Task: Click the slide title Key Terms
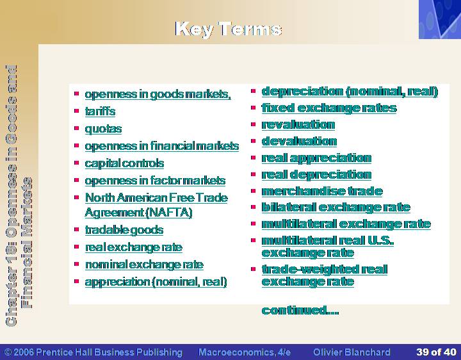[x=229, y=29]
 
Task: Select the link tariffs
[x=100, y=111]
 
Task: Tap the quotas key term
[x=103, y=129]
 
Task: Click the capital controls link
[x=124, y=163]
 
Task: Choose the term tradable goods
[x=124, y=230]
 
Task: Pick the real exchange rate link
[x=134, y=247]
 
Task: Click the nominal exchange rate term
[x=144, y=265]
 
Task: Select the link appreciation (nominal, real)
[x=156, y=282]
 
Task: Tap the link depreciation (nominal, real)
[x=350, y=92]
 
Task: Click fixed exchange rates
[x=329, y=108]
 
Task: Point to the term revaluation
[x=298, y=125]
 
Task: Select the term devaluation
[x=299, y=142]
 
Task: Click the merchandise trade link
[x=322, y=191]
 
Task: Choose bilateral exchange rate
[x=336, y=208]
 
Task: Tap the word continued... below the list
[x=300, y=310]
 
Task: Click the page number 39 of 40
[x=436, y=352]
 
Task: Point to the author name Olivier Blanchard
[x=352, y=352]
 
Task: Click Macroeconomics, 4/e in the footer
[x=245, y=352]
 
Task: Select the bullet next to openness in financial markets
[x=77, y=145]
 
